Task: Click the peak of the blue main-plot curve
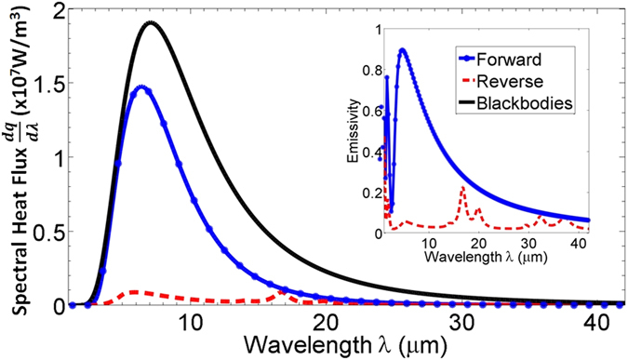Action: click(x=141, y=87)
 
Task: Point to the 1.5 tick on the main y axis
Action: click(x=52, y=82)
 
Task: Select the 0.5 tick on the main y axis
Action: click(x=52, y=232)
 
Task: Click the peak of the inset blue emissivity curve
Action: click(x=403, y=49)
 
